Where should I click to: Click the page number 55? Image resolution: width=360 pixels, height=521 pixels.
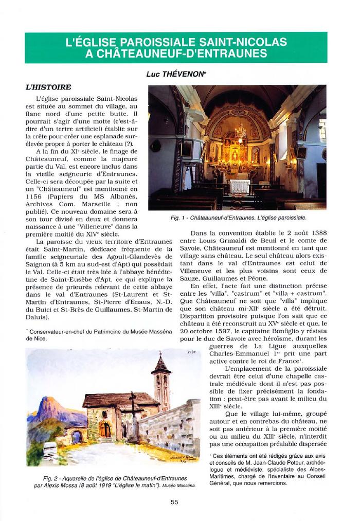pyautogui.click(x=174, y=502)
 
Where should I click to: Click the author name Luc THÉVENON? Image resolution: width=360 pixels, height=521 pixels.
pyautogui.click(x=176, y=75)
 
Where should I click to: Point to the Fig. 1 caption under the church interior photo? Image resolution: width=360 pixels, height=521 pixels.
pyautogui.click(x=239, y=218)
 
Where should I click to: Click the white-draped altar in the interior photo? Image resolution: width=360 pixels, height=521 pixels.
pyautogui.click(x=239, y=186)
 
